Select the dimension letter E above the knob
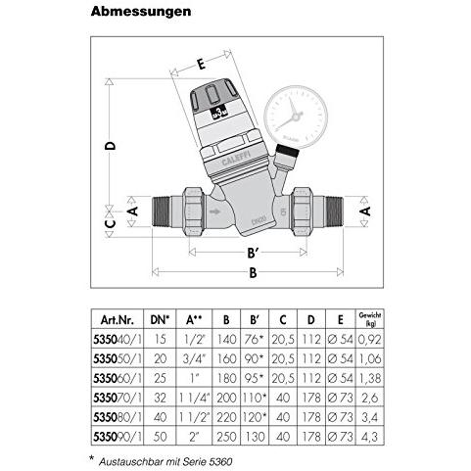pos(200,65)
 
